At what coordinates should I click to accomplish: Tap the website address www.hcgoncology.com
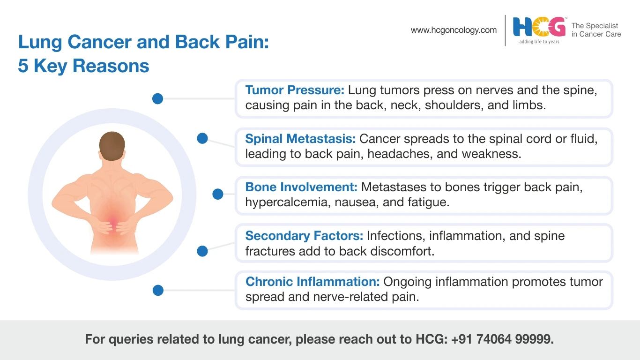(x=454, y=30)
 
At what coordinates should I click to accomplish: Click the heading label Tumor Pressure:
(x=295, y=90)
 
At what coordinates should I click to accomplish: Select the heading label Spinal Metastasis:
(x=301, y=139)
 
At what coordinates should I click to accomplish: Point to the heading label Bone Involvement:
(x=301, y=187)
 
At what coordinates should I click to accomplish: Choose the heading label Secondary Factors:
(x=304, y=236)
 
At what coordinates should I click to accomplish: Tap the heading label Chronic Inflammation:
(x=313, y=282)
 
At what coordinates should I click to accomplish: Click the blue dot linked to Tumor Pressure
(x=158, y=98)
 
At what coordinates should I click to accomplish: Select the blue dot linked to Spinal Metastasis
(x=202, y=138)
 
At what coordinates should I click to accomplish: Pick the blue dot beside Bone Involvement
(x=218, y=194)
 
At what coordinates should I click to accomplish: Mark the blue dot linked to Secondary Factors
(x=202, y=251)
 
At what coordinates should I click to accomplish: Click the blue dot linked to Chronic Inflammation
(x=158, y=290)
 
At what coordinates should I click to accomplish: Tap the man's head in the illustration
(x=112, y=146)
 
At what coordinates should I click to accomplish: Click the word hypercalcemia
(x=288, y=202)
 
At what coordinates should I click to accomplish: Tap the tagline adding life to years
(x=539, y=42)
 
